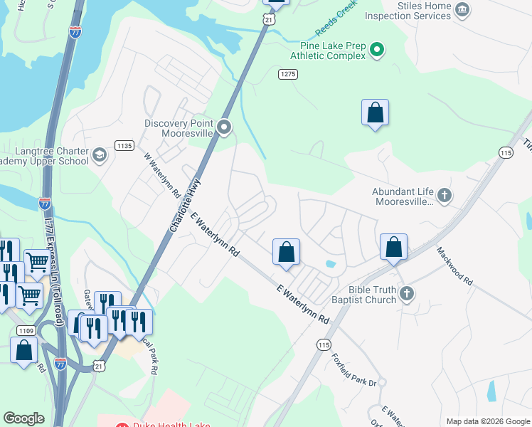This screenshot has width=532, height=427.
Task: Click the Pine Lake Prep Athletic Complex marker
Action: click(378, 50)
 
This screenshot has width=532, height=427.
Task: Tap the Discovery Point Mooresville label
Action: click(179, 128)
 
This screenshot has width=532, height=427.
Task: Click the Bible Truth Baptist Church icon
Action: click(407, 293)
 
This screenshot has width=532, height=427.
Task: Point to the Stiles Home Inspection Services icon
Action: click(462, 9)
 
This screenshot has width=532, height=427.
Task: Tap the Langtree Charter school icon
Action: click(100, 154)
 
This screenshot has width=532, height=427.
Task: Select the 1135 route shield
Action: click(124, 145)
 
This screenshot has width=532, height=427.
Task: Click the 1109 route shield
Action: click(26, 330)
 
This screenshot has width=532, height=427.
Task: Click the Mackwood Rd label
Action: click(454, 266)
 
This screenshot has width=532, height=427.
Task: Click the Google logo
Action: click(24, 418)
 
